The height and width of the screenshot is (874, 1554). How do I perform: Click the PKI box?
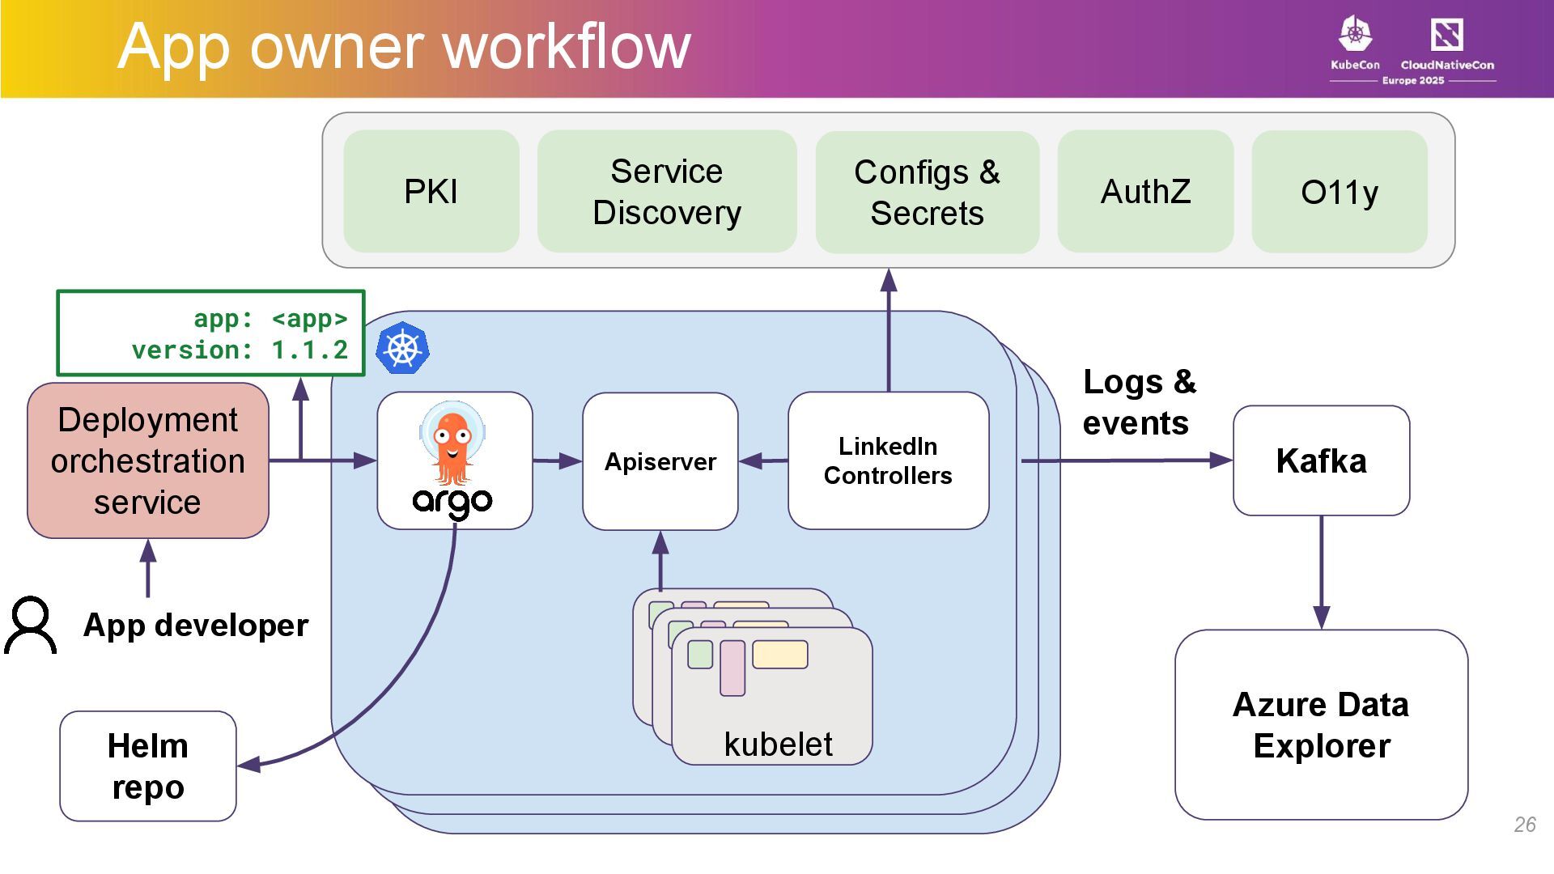431,192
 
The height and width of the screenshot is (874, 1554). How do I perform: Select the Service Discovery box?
666,192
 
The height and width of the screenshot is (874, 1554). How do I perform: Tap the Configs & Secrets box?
927,193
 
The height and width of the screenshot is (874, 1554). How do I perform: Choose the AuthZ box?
1145,192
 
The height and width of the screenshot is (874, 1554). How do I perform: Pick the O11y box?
1339,192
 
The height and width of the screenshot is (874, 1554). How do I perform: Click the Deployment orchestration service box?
148,460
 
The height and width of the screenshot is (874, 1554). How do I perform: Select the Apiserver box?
660,461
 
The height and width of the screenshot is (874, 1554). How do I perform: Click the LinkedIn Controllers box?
888,460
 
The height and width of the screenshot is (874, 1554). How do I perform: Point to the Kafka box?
1321,460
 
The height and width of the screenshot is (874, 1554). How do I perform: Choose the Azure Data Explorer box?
1321,724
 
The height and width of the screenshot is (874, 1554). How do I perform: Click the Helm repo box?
148,766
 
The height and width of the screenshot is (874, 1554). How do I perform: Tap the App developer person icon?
31,625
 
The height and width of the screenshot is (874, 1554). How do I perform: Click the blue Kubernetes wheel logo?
402,348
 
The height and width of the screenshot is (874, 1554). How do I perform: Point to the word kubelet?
778,745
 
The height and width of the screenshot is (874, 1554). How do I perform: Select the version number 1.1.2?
309,350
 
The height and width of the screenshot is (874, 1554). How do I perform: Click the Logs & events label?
1138,402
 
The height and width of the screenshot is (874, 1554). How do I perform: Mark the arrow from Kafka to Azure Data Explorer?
1321,572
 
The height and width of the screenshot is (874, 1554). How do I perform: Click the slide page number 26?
1524,825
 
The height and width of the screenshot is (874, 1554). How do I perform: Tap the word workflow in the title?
567,47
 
